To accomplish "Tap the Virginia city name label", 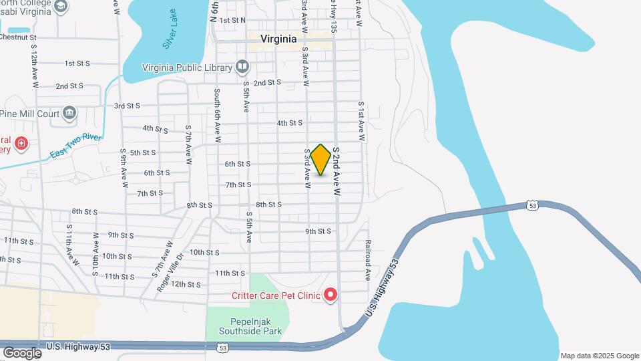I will [x=278, y=39].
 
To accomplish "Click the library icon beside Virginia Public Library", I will [x=242, y=67].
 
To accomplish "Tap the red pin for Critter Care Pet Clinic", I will [x=330, y=295].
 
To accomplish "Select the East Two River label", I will [x=75, y=146].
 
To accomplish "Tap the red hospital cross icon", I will [x=21, y=144].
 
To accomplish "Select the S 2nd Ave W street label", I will [x=337, y=172].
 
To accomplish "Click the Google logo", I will [x=22, y=352].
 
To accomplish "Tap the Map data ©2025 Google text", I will [x=600, y=356].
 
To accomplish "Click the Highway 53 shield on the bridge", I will [x=531, y=205].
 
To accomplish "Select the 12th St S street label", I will [x=186, y=284].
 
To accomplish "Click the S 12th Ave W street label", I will [x=33, y=68].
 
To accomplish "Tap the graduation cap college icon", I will [x=61, y=7].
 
